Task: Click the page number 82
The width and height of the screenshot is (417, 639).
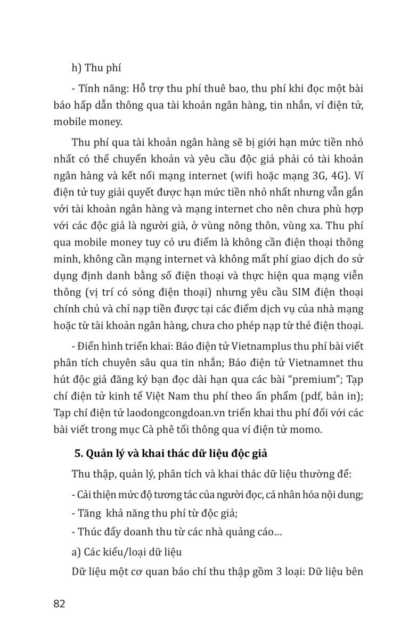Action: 59,604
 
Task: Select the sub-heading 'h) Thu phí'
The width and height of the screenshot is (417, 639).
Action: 96,68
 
